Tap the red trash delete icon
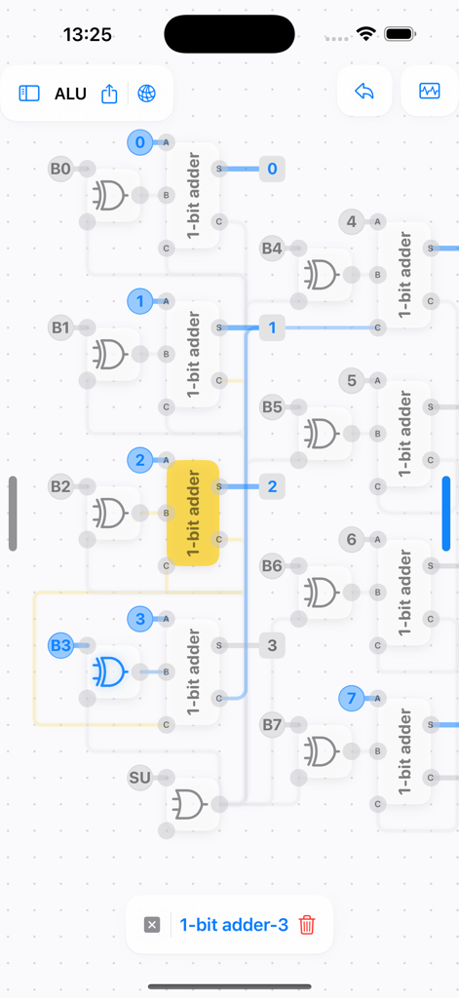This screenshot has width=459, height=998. [x=307, y=925]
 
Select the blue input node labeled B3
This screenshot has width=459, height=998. [x=60, y=644]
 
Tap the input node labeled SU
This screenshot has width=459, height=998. [x=140, y=777]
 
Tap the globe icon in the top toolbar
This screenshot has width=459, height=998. [x=146, y=94]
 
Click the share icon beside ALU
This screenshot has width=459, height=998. [x=109, y=94]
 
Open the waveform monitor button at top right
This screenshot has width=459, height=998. [x=430, y=92]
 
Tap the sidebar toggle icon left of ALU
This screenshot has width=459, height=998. [x=29, y=94]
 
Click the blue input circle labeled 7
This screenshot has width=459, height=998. [x=352, y=698]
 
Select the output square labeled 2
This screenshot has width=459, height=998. [x=272, y=486]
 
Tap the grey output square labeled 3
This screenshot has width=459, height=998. [x=272, y=644]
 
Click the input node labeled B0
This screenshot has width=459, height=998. [x=60, y=169]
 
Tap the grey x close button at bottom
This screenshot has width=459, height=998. [x=152, y=925]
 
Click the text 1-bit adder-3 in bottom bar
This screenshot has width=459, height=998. [x=234, y=925]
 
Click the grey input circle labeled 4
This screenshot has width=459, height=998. [x=352, y=221]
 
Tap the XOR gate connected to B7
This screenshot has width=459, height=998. [x=321, y=750]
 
